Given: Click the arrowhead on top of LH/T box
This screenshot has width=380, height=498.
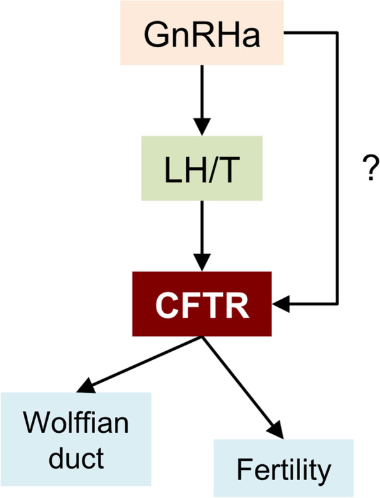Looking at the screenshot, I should [202, 126].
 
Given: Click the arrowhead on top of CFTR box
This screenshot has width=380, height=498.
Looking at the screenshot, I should [202, 264].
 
